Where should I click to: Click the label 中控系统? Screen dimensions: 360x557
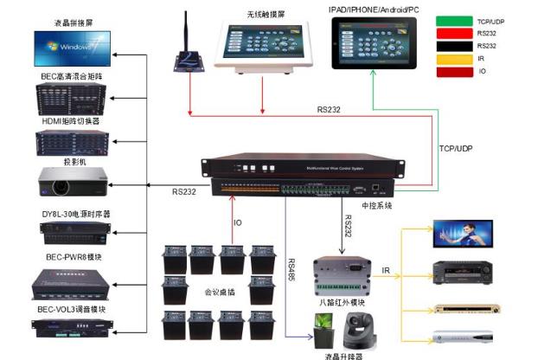[x=375, y=206]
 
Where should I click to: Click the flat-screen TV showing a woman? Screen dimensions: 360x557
[x=463, y=233]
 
